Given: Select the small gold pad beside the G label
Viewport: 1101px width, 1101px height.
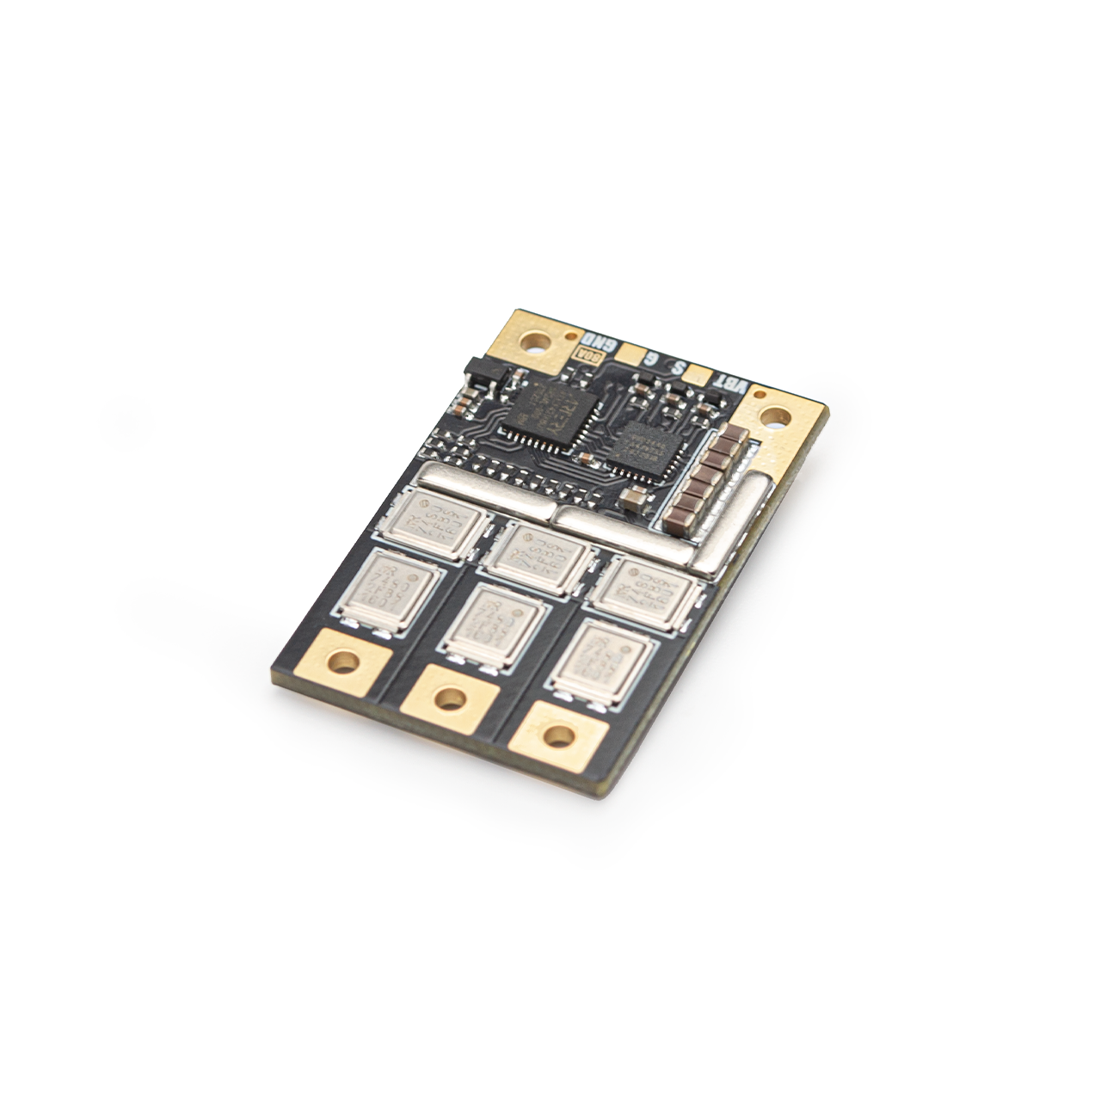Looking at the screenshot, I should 632,354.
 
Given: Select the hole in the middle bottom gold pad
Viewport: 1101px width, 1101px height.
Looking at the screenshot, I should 449,698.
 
